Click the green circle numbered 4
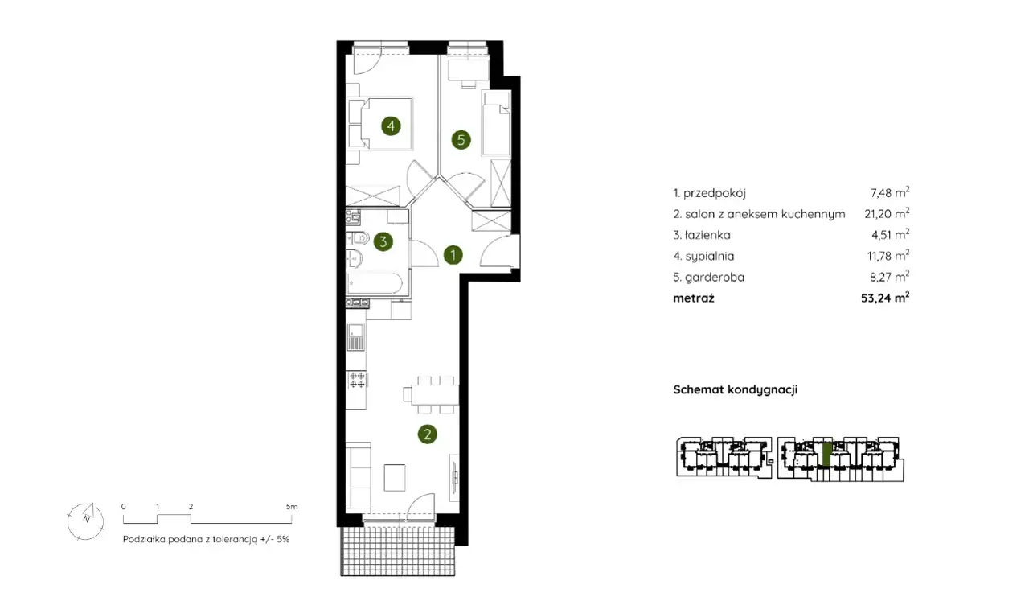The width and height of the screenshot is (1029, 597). click(391, 126)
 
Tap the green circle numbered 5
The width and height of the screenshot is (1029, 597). click(461, 139)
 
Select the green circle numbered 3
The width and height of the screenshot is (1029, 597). click(383, 241)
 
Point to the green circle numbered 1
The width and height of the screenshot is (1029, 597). click(453, 255)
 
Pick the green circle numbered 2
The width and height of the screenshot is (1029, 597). click(427, 434)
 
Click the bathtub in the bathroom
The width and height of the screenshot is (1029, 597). click(375, 283)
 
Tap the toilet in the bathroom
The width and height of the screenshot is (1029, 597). click(359, 238)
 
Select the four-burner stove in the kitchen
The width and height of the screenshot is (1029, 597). click(357, 381)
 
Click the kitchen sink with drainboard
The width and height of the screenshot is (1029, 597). click(355, 336)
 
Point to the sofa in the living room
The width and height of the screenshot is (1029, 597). click(359, 476)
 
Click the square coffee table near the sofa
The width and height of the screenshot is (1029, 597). click(395, 477)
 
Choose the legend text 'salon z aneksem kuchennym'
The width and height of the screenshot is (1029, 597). click(765, 214)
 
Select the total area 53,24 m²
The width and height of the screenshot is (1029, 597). click(885, 298)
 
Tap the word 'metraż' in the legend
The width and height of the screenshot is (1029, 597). click(694, 298)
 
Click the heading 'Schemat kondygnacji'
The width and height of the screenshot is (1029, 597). click(736, 389)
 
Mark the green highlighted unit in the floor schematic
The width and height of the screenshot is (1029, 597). click(827, 454)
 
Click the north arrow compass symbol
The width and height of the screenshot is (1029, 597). click(85, 521)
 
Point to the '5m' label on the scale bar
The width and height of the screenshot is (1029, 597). click(292, 507)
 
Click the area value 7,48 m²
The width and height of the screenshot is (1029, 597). click(890, 193)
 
